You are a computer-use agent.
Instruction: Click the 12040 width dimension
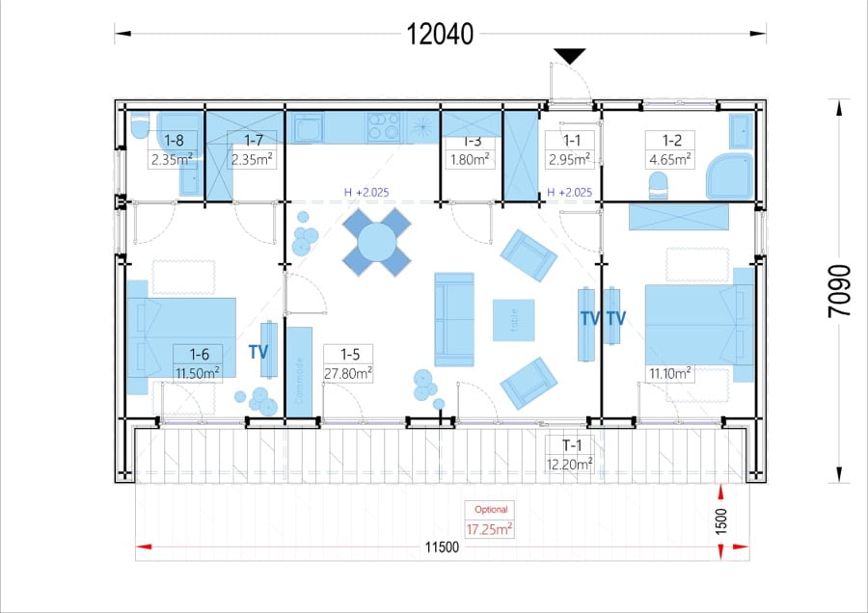point(440,35)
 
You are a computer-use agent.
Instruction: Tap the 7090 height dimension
point(839,291)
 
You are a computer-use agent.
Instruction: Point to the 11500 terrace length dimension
point(442,547)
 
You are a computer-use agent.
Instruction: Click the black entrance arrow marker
point(569,56)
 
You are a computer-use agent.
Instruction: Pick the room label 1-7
point(253,141)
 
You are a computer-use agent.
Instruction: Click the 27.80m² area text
point(347,373)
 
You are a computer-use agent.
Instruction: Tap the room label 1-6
point(199,354)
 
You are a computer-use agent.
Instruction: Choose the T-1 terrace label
point(572,445)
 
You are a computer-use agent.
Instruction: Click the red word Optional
point(491,510)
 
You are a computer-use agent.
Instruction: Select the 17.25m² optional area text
point(489,529)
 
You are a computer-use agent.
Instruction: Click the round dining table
point(377,242)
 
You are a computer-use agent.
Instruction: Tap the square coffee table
point(514,320)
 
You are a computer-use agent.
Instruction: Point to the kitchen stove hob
point(384,126)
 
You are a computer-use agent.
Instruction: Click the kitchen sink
point(308,128)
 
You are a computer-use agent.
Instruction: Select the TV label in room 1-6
point(258,352)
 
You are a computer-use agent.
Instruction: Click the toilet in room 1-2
point(658,186)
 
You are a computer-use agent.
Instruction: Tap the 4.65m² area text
point(670,160)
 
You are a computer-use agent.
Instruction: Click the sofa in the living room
point(454,319)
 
